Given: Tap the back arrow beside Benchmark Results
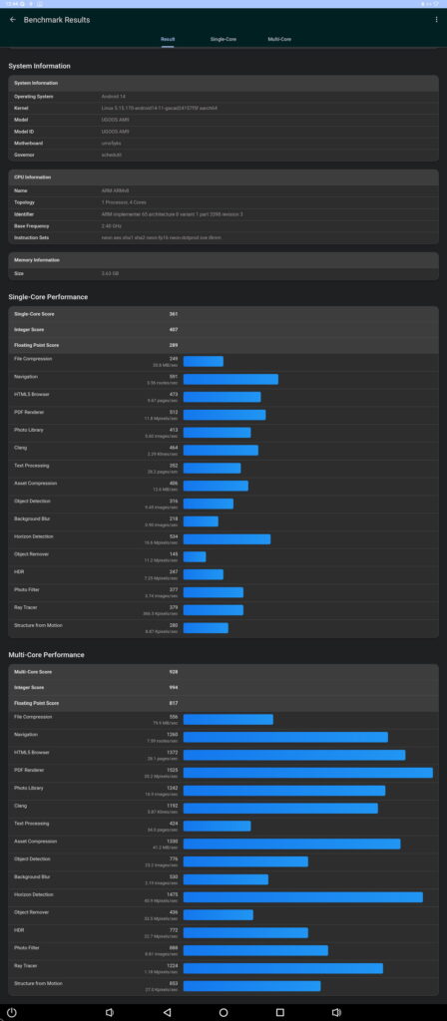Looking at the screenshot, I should (12, 19).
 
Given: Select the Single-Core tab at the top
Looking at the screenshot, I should (223, 39).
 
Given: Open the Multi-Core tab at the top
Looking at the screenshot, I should (279, 39).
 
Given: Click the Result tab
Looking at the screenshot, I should (168, 39).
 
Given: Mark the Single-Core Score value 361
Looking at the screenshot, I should (173, 314).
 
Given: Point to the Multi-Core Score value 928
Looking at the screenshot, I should (173, 672).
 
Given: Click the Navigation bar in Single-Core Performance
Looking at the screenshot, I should (230, 379).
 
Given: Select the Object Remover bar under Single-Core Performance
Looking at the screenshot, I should (195, 556).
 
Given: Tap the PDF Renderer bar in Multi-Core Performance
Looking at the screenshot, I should (307, 773).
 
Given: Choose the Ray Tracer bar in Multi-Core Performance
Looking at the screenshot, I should (282, 968).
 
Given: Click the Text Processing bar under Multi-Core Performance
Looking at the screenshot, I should (217, 826).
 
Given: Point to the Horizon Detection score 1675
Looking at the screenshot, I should (172, 894).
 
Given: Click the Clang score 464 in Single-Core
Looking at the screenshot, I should (173, 448).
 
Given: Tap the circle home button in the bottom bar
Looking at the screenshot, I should (223, 1012).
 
